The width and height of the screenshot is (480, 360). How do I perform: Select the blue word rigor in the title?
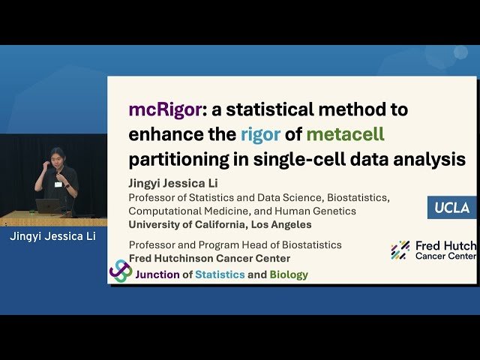(x=260, y=135)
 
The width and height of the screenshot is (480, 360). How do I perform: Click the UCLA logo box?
(x=451, y=206)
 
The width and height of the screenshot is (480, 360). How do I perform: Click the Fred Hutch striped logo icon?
(x=400, y=250)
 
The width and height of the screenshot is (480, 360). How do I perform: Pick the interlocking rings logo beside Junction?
(x=121, y=271)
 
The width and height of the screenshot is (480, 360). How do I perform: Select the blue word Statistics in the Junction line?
(x=220, y=274)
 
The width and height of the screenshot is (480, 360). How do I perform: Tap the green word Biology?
(x=289, y=274)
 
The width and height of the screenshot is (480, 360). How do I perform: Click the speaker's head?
(x=55, y=156)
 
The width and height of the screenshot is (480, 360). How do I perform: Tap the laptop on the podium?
(x=48, y=205)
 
